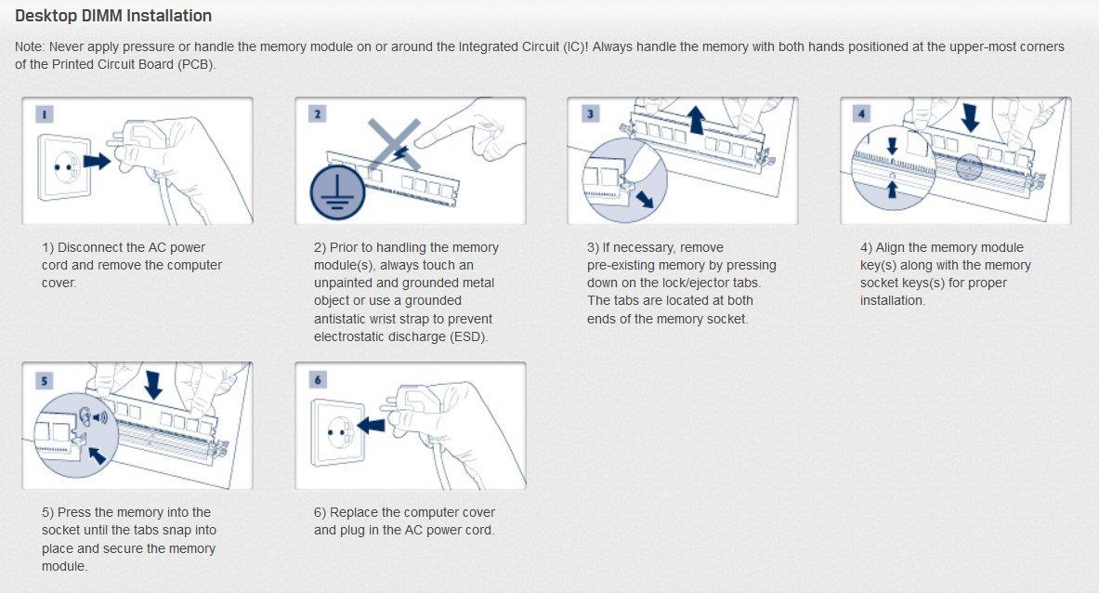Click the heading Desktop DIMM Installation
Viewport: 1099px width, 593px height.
click(x=112, y=16)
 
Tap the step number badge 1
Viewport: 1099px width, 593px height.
click(x=45, y=114)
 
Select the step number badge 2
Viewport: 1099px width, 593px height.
click(x=318, y=114)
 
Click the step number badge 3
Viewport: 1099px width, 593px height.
click(x=590, y=114)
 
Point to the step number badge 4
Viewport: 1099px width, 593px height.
click(x=862, y=114)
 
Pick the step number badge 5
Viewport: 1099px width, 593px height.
click(x=45, y=380)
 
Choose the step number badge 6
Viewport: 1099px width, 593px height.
click(x=318, y=380)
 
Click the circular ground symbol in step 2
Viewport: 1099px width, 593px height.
click(x=338, y=191)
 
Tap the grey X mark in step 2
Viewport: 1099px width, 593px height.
click(x=395, y=144)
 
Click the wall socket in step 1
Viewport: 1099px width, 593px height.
click(x=65, y=166)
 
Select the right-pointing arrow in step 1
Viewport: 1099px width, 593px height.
click(x=97, y=161)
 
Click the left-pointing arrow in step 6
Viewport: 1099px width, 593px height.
click(x=371, y=425)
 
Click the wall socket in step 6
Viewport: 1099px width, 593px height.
click(x=338, y=432)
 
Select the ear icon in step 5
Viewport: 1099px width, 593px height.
click(x=86, y=417)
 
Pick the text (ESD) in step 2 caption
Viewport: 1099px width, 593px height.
click(x=467, y=336)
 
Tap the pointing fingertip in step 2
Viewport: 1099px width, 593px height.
click(x=419, y=141)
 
